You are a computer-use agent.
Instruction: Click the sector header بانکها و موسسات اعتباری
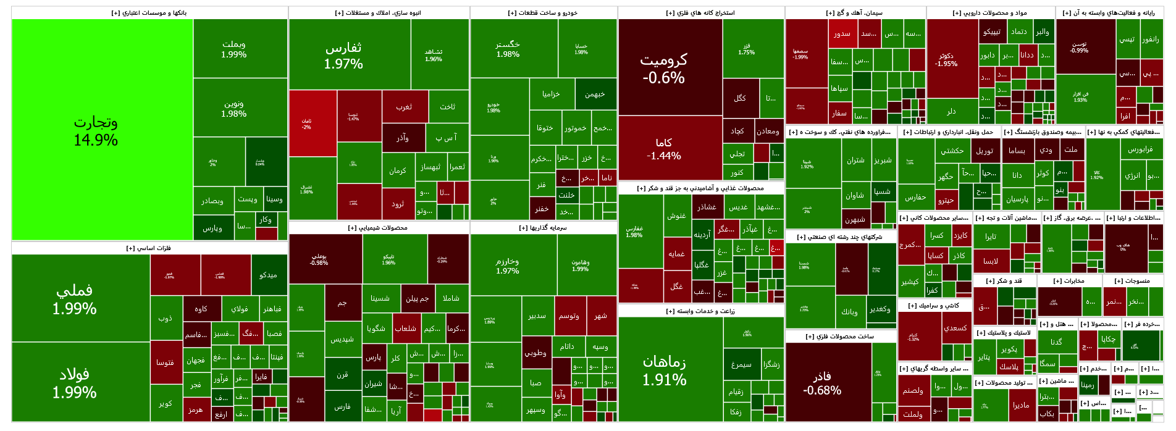149,13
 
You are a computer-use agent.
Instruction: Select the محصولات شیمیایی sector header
378,228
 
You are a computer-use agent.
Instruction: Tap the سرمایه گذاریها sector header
543,228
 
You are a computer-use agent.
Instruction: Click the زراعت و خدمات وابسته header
700,311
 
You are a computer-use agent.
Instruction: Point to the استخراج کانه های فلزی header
700,13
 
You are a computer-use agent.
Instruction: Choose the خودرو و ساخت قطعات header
543,13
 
